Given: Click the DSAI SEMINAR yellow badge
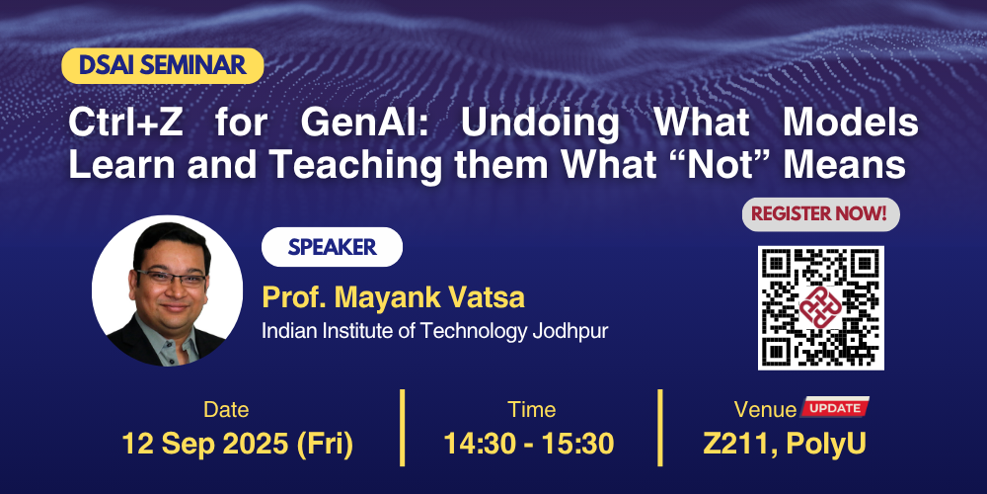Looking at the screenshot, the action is [x=163, y=66].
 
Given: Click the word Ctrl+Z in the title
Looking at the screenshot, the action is [x=125, y=123].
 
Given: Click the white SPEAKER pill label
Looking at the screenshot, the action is [x=332, y=247].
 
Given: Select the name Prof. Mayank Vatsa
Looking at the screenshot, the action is [x=394, y=297].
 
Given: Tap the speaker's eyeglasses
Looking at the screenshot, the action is [x=171, y=278].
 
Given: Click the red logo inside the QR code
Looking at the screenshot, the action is [x=820, y=307].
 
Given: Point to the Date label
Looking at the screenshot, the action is [x=226, y=410].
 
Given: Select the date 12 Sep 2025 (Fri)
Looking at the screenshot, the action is [x=237, y=444].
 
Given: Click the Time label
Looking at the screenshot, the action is [x=532, y=410].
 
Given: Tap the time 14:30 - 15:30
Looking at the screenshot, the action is [x=529, y=444].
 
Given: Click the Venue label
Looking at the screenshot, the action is [x=765, y=410].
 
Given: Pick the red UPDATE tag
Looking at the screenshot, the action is [x=835, y=407].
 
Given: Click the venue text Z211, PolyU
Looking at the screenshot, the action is [x=785, y=445].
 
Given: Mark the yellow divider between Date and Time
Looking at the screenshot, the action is [x=403, y=428].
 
